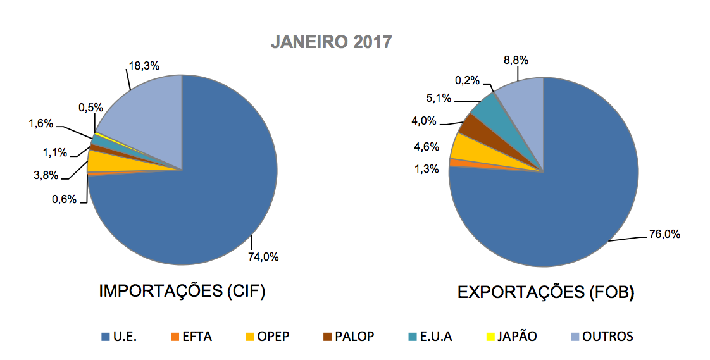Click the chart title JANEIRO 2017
(332, 42)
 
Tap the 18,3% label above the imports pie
(142, 66)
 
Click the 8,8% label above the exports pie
(515, 60)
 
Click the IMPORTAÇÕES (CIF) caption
(182, 292)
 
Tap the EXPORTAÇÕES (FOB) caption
(546, 292)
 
